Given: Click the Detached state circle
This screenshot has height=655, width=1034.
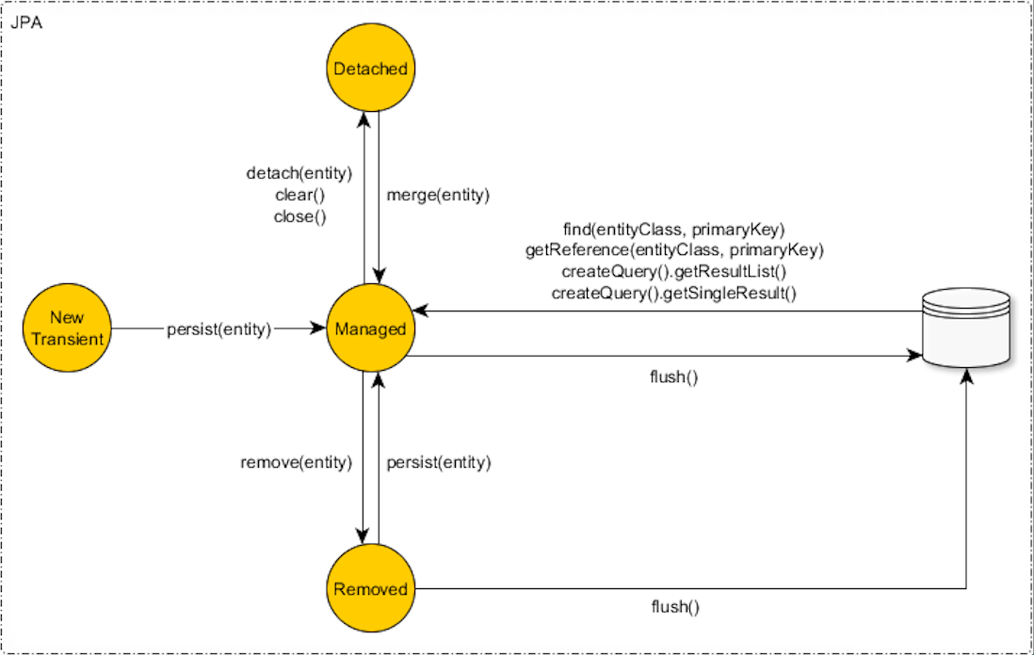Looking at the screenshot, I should [x=370, y=69].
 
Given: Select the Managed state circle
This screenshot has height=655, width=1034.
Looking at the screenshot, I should [x=370, y=329].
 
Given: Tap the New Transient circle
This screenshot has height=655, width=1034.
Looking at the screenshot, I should [x=66, y=329].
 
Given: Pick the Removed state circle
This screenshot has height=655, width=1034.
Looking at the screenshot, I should [x=370, y=589].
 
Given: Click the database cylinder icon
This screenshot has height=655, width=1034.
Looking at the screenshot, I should [x=967, y=327].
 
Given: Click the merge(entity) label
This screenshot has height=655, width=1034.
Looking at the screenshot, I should [x=439, y=195].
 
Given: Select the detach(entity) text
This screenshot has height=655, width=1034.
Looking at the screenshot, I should [x=299, y=174].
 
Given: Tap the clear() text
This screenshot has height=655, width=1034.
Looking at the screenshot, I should [x=299, y=195].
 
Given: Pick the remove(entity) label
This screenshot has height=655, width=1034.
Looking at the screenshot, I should [x=296, y=462].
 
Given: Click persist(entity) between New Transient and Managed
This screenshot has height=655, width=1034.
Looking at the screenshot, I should [x=218, y=329].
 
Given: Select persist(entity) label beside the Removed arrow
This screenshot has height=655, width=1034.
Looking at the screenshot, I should [x=439, y=462].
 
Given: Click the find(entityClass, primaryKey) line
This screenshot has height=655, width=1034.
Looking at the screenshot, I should [x=673, y=231].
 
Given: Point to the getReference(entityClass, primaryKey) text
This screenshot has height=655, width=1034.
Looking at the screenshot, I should [x=673, y=251].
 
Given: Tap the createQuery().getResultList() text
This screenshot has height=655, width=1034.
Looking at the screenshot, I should [x=673, y=272].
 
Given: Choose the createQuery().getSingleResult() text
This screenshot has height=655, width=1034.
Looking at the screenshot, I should [x=673, y=293].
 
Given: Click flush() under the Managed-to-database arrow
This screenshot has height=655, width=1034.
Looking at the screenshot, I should [x=674, y=377].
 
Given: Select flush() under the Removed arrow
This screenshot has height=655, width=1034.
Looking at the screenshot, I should [x=674, y=607].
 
